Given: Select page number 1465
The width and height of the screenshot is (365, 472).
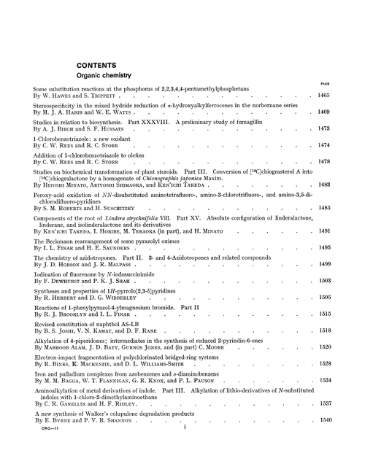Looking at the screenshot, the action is (342, 95).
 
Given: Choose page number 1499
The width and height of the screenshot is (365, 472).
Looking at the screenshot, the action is (342, 261).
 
